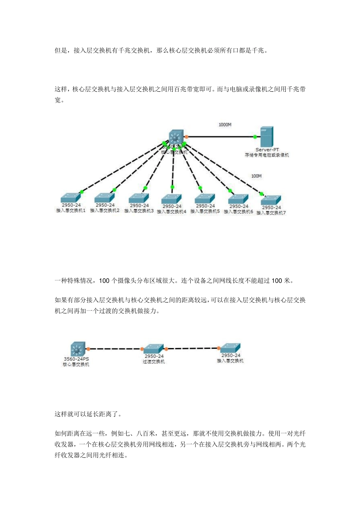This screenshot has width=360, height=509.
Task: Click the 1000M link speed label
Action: click(x=225, y=125)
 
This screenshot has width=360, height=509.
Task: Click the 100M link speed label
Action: click(x=257, y=176)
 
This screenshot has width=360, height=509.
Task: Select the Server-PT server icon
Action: click(x=266, y=137)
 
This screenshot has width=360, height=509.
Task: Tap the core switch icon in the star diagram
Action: click(x=175, y=137)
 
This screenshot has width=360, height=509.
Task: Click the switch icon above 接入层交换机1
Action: click(x=71, y=198)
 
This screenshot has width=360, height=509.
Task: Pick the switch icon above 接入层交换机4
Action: click(x=172, y=199)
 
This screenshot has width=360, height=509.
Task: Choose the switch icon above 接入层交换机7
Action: click(x=271, y=200)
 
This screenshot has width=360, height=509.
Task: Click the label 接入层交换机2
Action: click(x=105, y=211)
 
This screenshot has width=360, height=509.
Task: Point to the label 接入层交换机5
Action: click(x=205, y=211)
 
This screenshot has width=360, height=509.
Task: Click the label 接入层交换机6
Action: click(x=238, y=212)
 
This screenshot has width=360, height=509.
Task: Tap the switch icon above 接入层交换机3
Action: click(x=139, y=198)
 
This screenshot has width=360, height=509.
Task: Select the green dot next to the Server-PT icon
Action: click(x=255, y=137)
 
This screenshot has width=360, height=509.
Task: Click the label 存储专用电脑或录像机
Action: click(x=267, y=155)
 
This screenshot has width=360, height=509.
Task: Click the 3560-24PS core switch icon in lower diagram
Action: click(x=78, y=349)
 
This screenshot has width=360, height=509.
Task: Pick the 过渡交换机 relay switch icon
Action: click(x=153, y=349)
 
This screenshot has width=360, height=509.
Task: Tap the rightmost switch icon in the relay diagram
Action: click(x=230, y=348)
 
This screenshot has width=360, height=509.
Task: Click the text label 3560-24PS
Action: click(x=76, y=359)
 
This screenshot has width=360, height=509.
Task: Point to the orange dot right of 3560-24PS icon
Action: click(x=88, y=349)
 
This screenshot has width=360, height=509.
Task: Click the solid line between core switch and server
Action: click(x=220, y=137)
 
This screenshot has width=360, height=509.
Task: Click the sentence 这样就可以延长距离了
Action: click(x=88, y=414)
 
